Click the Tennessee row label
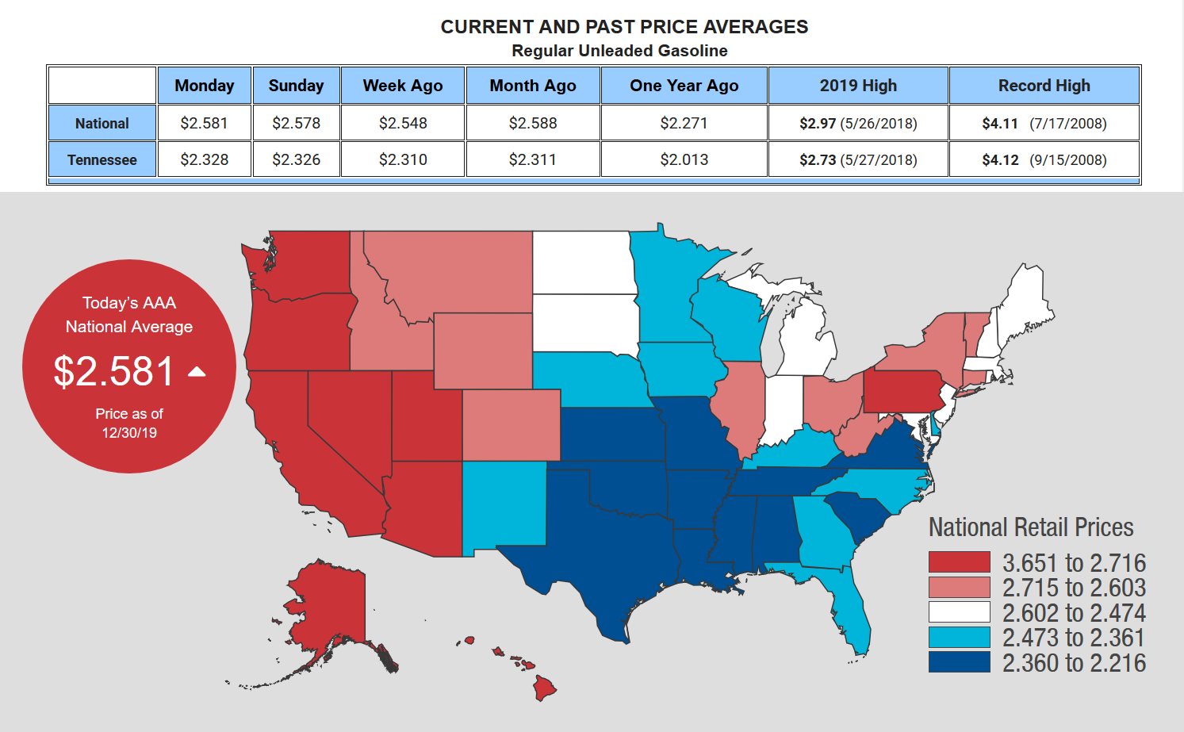(x=102, y=159)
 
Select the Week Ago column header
(x=403, y=86)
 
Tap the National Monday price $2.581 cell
(x=204, y=123)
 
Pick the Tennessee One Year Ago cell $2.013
(x=684, y=159)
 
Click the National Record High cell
(x=1044, y=123)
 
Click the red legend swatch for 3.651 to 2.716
(x=959, y=562)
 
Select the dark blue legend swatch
(x=959, y=662)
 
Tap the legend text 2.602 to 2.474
(x=1074, y=613)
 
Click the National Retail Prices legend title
(x=1031, y=527)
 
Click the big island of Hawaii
(x=544, y=688)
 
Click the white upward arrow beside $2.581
(x=197, y=371)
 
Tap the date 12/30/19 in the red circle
(x=129, y=433)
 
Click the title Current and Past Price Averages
(x=624, y=27)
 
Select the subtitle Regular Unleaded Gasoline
(x=619, y=51)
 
